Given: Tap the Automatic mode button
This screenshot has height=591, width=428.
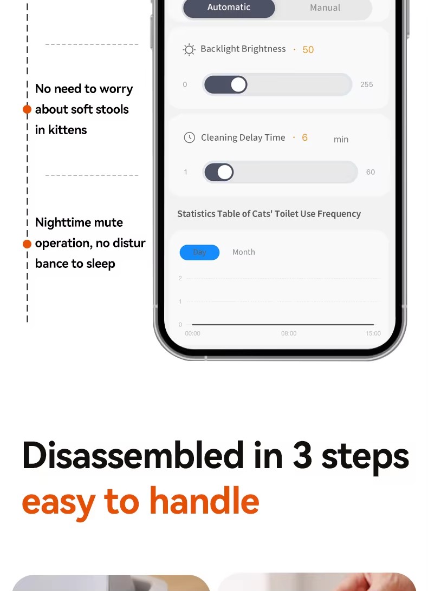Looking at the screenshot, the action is (229, 8).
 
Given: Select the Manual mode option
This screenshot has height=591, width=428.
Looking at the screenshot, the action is (325, 8).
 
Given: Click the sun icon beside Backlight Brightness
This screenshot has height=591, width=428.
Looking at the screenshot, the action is (189, 50).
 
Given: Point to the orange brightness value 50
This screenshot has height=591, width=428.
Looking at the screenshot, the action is (308, 50).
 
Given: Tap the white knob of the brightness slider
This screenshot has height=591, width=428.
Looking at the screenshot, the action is (238, 84).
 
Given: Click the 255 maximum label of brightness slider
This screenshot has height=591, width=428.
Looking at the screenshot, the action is (366, 84).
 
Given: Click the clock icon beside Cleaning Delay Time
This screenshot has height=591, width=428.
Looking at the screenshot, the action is (190, 137).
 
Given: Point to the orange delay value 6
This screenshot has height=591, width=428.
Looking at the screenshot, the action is (304, 137).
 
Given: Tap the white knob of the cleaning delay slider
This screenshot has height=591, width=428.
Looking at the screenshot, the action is (225, 172).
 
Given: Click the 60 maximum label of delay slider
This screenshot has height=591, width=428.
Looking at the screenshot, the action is (371, 172).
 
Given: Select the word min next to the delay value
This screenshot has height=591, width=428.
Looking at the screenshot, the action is (341, 140).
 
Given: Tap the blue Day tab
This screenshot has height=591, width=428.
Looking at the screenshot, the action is (200, 252).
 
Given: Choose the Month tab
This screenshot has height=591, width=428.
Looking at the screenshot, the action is (244, 252).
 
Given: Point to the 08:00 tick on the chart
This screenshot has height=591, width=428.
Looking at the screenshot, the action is (289, 333).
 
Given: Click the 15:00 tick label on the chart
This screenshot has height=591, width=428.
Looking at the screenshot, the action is (373, 333).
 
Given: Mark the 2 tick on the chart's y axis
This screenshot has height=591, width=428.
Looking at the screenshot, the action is (180, 278).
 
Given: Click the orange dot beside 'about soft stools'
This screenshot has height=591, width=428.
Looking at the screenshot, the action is (27, 109).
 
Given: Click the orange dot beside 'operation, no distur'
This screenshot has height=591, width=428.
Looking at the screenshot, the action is (27, 244).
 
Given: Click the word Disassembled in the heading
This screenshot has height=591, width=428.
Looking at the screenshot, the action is (133, 455).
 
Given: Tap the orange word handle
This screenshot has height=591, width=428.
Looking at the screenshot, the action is (205, 501).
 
